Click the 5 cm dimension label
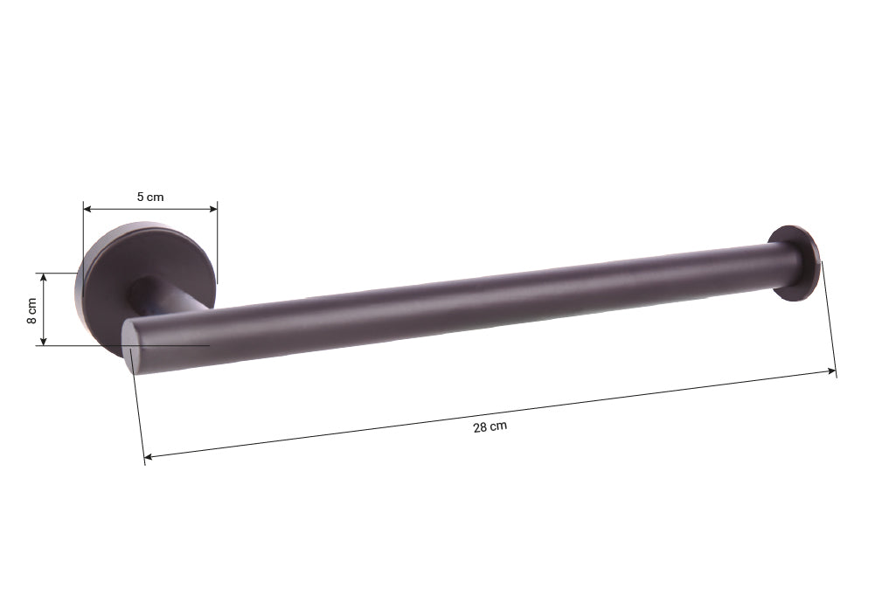coord(149,198)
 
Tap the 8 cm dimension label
coord(32,310)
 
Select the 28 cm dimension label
coord(490,426)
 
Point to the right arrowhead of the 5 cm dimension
coord(212,209)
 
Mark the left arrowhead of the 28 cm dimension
coord(149,456)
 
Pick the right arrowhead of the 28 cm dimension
coord(831,371)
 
